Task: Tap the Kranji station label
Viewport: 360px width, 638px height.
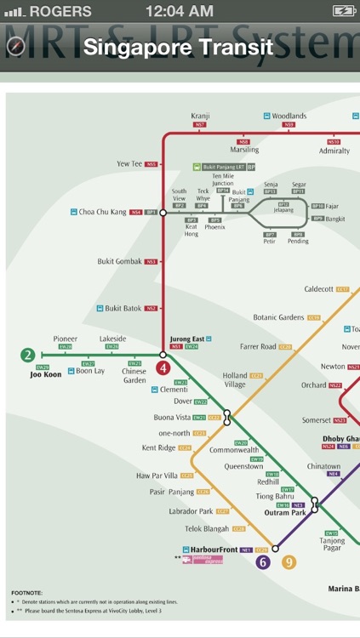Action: pyautogui.click(x=200, y=116)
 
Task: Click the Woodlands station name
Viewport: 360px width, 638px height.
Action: pyautogui.click(x=289, y=116)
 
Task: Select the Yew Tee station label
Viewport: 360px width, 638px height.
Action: pyautogui.click(x=129, y=163)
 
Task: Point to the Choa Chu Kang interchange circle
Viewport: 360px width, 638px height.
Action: pyautogui.click(x=163, y=212)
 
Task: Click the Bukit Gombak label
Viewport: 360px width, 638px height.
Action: pyautogui.click(x=119, y=261)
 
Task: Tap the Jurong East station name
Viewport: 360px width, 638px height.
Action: pyautogui.click(x=185, y=339)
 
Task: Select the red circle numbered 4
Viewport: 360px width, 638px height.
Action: pyautogui.click(x=163, y=368)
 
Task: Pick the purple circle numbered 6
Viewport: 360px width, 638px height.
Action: pyautogui.click(x=263, y=561)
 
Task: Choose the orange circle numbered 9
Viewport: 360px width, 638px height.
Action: pyautogui.click(x=289, y=561)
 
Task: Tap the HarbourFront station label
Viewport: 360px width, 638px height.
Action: pyautogui.click(x=212, y=550)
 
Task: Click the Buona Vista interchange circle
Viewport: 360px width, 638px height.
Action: pyautogui.click(x=226, y=417)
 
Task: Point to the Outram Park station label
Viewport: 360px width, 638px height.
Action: pyautogui.click(x=286, y=513)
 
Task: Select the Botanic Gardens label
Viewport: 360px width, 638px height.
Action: pyautogui.click(x=278, y=317)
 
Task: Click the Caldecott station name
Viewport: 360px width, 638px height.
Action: pyautogui.click(x=319, y=289)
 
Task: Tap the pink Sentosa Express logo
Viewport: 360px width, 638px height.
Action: pyautogui.click(x=208, y=560)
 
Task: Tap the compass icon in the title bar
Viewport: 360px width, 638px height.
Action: pyautogui.click(x=16, y=48)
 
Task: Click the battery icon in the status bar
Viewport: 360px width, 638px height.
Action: pyautogui.click(x=343, y=11)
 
